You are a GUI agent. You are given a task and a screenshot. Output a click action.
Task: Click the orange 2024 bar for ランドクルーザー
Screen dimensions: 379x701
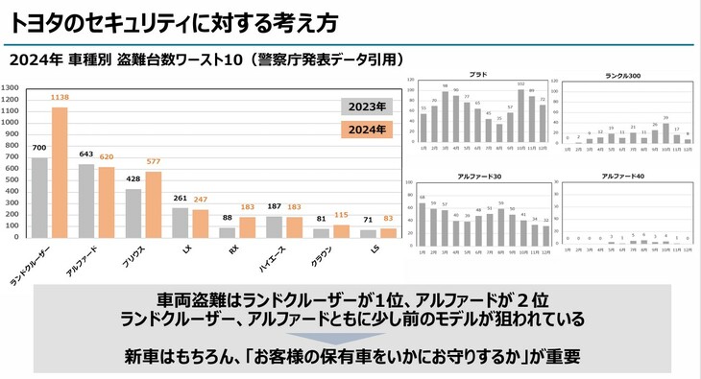click(60, 172)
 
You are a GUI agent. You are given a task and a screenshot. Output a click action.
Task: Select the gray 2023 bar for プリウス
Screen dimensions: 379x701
click(133, 212)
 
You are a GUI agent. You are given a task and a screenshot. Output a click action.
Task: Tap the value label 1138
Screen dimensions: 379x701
click(60, 98)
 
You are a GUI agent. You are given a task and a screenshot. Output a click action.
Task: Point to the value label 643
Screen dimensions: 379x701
click(86, 154)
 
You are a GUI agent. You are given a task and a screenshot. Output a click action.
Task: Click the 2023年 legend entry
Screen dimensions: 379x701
click(366, 106)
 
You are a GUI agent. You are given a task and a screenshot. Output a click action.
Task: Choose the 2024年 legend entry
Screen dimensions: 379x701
click(366, 129)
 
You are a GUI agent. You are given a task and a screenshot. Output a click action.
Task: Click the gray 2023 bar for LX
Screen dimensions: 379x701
click(179, 222)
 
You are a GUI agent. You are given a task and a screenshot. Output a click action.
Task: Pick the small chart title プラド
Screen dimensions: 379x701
click(477, 74)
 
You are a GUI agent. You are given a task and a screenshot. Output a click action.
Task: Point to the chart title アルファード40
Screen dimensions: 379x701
click(624, 177)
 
